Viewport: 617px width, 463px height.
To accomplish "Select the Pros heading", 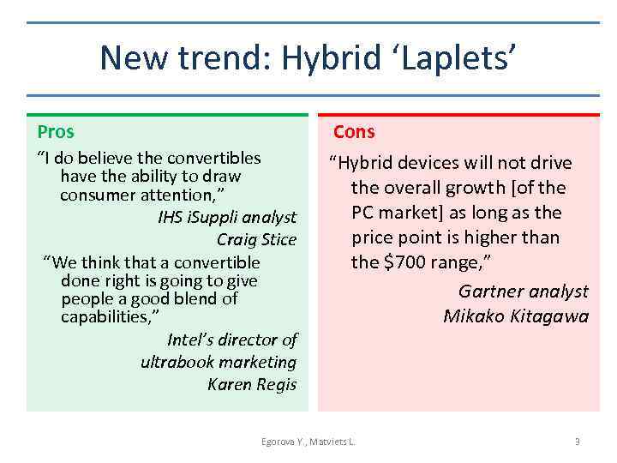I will coord(56,132).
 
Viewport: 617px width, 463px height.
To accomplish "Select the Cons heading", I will coord(354,132).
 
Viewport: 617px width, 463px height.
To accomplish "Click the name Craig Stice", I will coord(256,239).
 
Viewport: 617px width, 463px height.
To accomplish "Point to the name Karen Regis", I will coord(252,384).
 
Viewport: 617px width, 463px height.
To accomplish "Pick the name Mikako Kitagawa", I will coord(516,316).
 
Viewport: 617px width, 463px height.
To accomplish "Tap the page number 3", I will coord(577,442).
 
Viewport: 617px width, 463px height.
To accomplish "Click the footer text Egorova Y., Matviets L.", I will coord(308,442).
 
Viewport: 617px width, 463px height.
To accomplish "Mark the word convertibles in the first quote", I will coord(213,159).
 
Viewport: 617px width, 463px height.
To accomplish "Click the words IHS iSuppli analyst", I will coord(227,217).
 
